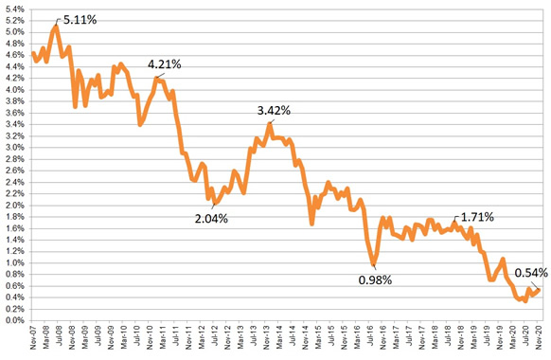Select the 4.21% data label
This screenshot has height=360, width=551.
(164, 63)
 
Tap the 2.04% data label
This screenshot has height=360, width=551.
(211, 192)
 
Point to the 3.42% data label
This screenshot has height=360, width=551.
(274, 110)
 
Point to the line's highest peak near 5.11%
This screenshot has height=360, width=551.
(56, 27)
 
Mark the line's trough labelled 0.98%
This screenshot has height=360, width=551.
(374, 263)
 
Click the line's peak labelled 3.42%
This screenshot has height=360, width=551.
(270, 124)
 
